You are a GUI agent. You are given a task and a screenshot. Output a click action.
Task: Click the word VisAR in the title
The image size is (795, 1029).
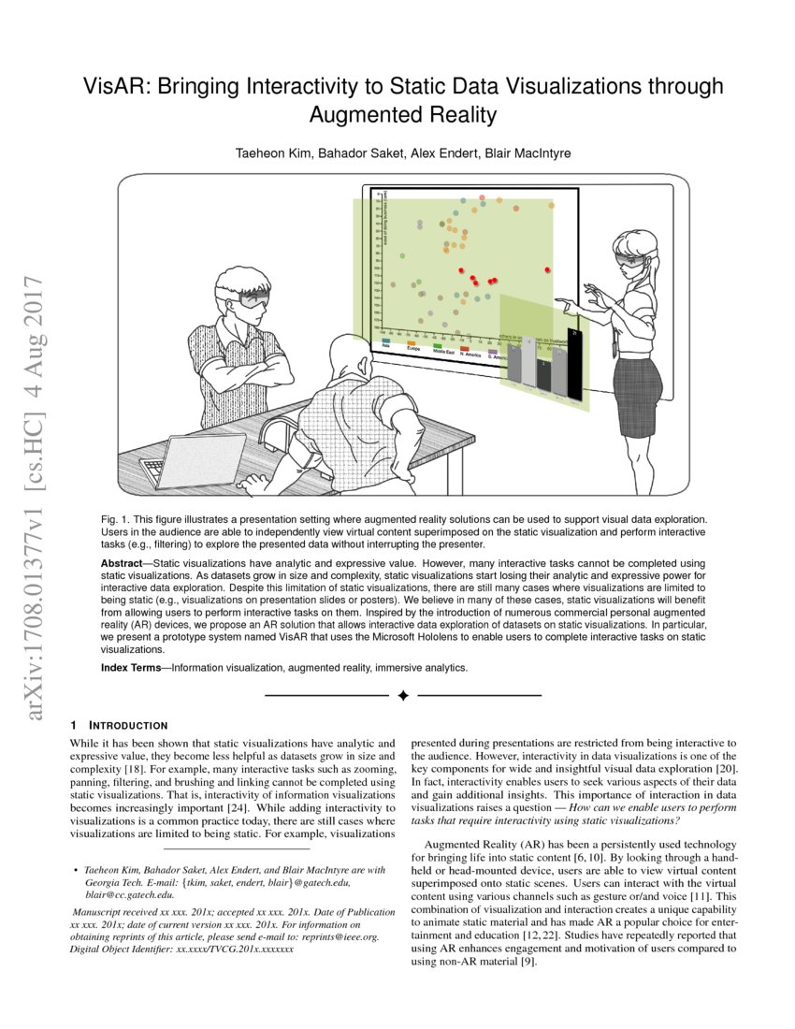tap(114, 87)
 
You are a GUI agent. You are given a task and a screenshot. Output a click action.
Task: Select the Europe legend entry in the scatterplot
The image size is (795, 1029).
tap(411, 347)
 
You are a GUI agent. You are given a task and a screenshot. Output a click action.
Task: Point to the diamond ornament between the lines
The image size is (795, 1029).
tap(403, 695)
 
